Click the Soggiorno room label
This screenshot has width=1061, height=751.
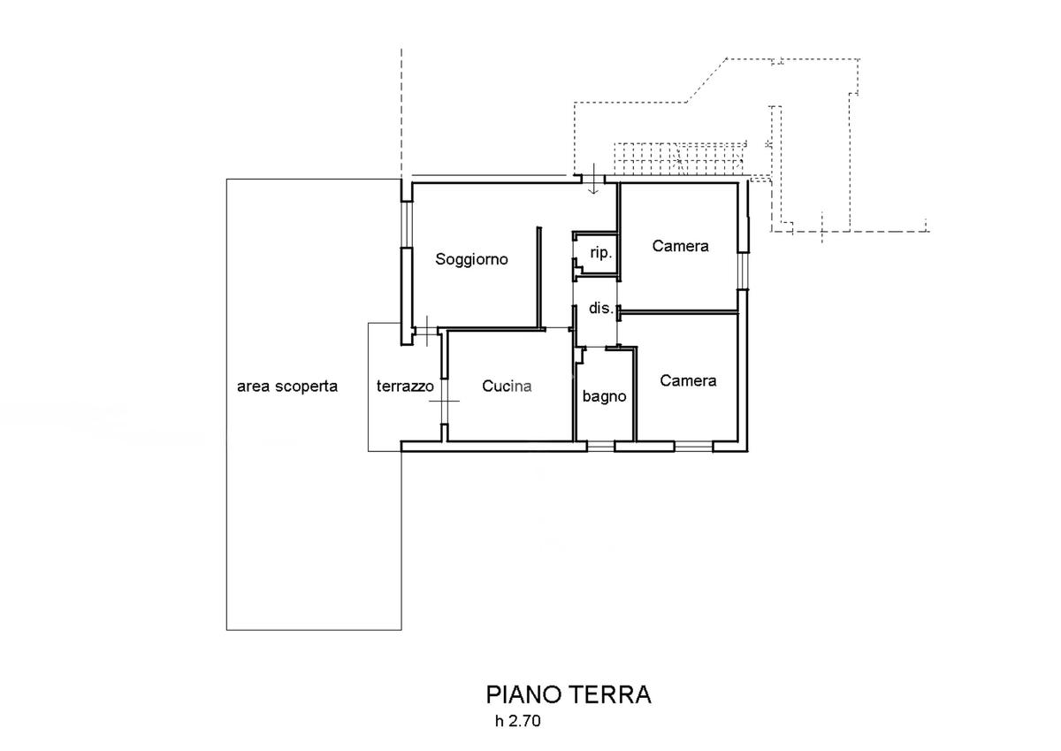(471, 259)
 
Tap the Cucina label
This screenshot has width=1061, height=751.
(507, 387)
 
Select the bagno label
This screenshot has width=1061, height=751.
(605, 396)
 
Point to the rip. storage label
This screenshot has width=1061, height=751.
(601, 253)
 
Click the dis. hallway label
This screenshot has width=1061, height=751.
(601, 309)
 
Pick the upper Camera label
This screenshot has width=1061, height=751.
(680, 246)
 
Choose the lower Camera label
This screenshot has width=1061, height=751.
(688, 380)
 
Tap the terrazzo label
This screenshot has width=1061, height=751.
(405, 387)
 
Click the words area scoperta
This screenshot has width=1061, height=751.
(287, 387)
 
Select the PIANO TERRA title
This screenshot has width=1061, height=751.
(569, 694)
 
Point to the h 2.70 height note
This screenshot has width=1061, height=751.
(518, 721)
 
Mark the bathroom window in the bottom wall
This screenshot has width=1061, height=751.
(600, 447)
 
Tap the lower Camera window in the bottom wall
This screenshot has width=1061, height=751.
(693, 447)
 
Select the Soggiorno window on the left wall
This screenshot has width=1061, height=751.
(407, 225)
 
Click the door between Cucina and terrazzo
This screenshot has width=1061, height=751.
(444, 402)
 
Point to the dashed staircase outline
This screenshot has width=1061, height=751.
(680, 158)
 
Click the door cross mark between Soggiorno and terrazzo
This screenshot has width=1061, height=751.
(426, 331)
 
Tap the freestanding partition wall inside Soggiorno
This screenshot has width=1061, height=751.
(539, 277)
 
